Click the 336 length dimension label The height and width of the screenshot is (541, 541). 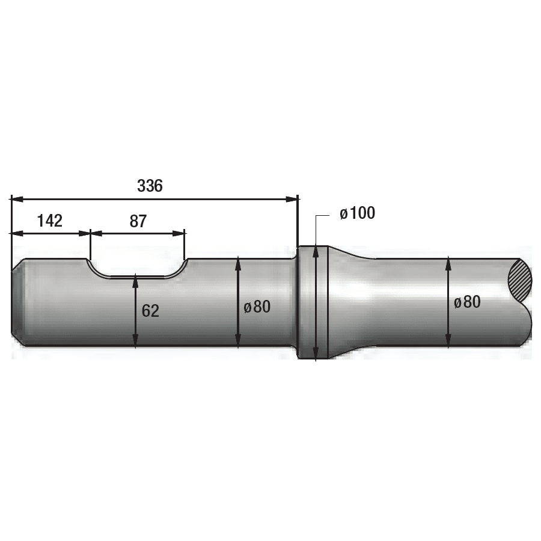[x=150, y=186]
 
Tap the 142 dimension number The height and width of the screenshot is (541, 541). [x=50, y=221]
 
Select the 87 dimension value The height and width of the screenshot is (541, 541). [x=138, y=221]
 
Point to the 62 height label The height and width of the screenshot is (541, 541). [x=150, y=311]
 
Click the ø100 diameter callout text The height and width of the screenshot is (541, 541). [x=358, y=213]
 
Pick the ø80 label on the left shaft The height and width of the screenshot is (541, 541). [x=257, y=307]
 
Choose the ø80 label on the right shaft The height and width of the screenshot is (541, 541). [x=468, y=302]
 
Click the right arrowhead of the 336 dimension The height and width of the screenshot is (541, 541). [x=291, y=199]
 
